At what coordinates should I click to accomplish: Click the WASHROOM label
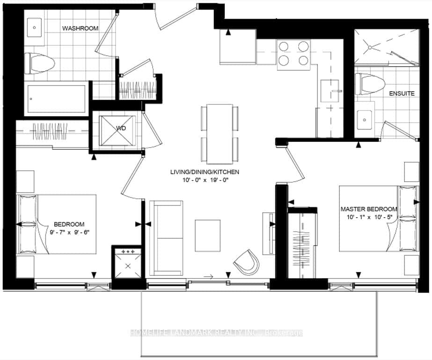point(81,28)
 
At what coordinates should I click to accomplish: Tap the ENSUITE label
point(402,93)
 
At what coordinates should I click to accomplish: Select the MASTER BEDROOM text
point(369,209)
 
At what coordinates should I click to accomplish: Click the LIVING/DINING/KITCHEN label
point(205,172)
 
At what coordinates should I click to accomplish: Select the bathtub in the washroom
point(56,98)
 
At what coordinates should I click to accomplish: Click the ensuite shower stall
point(386,47)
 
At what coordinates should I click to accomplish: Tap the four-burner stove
point(293,53)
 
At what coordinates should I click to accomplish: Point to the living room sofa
point(166,237)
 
